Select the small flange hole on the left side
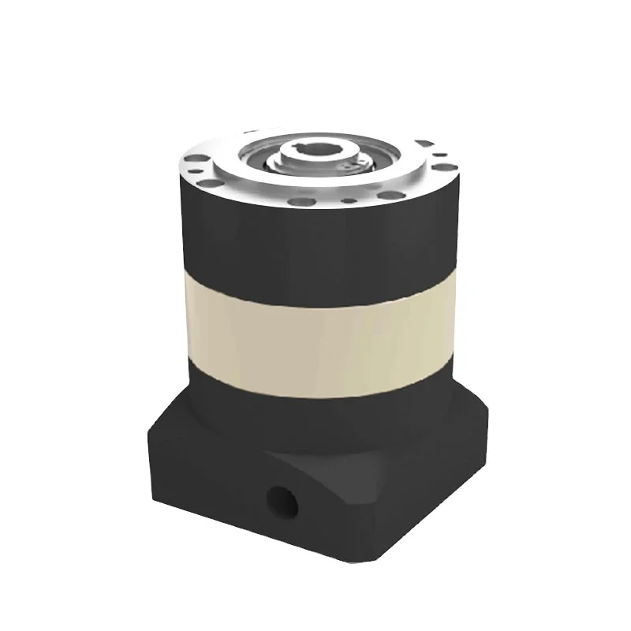(x=196, y=171)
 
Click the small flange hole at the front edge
(x=349, y=200)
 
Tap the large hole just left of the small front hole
(x=301, y=202)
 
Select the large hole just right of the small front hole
(x=391, y=195)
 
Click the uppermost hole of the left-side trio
(x=196, y=158)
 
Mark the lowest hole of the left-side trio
(x=210, y=183)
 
